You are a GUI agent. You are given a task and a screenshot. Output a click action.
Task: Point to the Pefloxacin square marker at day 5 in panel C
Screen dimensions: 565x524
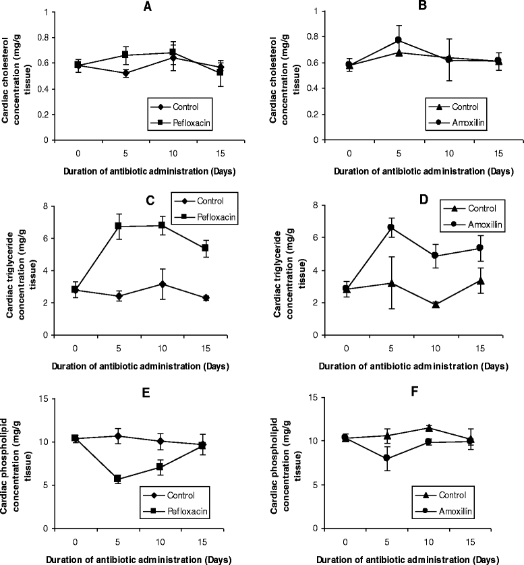click(119, 226)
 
